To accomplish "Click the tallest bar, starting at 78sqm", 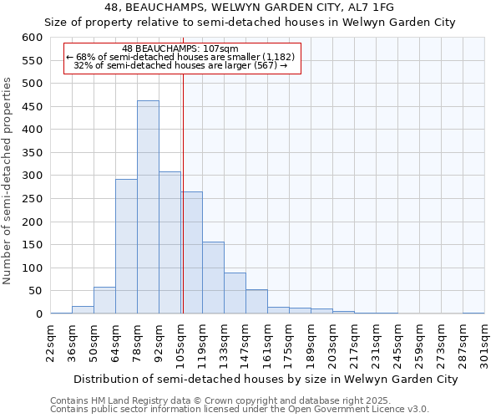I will (148, 207).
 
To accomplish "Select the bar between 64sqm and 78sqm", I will (126, 247).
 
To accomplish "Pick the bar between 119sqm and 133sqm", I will (213, 278).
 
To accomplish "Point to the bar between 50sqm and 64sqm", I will (104, 300).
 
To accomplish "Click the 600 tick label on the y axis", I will (32, 38).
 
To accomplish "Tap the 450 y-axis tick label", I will (32, 106).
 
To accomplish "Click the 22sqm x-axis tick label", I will (51, 342).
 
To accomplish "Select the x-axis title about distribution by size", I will (260, 379).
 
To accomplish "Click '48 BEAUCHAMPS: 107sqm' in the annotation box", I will (180, 49).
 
